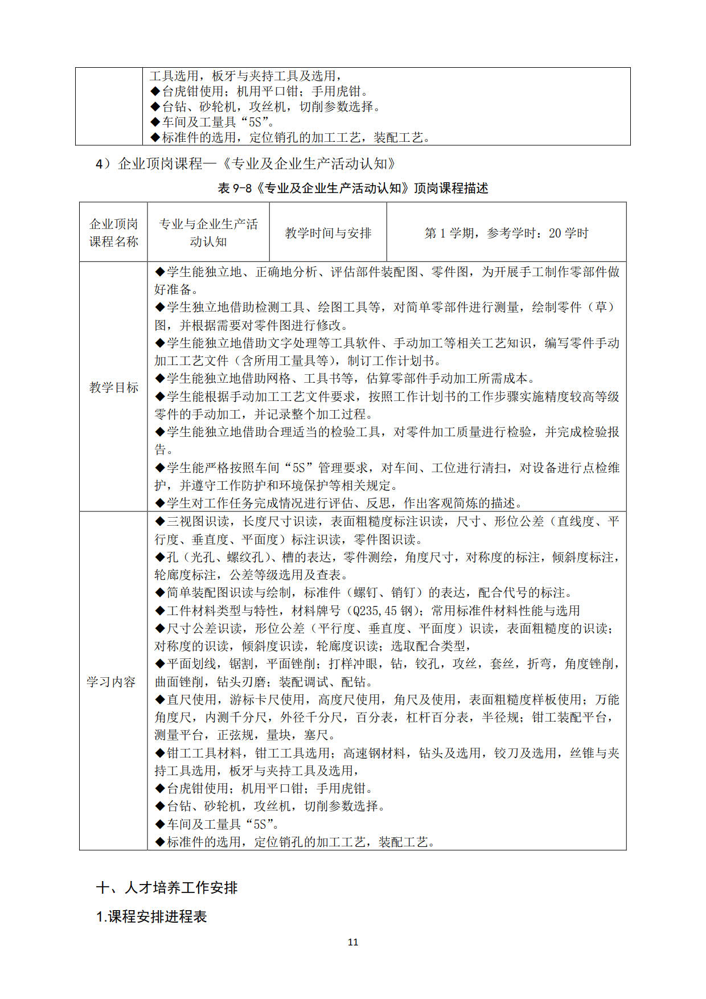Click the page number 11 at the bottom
tap(353, 942)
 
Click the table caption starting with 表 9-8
tap(353, 189)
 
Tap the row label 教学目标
tap(113, 388)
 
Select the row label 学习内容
tap(111, 682)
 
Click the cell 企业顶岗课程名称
tap(113, 233)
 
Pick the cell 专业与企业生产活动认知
tap(208, 233)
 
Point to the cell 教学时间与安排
tap(328, 233)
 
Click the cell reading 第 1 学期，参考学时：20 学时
tap(506, 233)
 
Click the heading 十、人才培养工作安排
tap(167, 887)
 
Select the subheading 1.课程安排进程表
tap(151, 916)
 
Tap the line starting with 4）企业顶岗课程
tap(245, 164)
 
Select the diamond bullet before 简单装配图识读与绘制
tap(160, 593)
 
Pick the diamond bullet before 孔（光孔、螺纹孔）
tap(160, 557)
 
